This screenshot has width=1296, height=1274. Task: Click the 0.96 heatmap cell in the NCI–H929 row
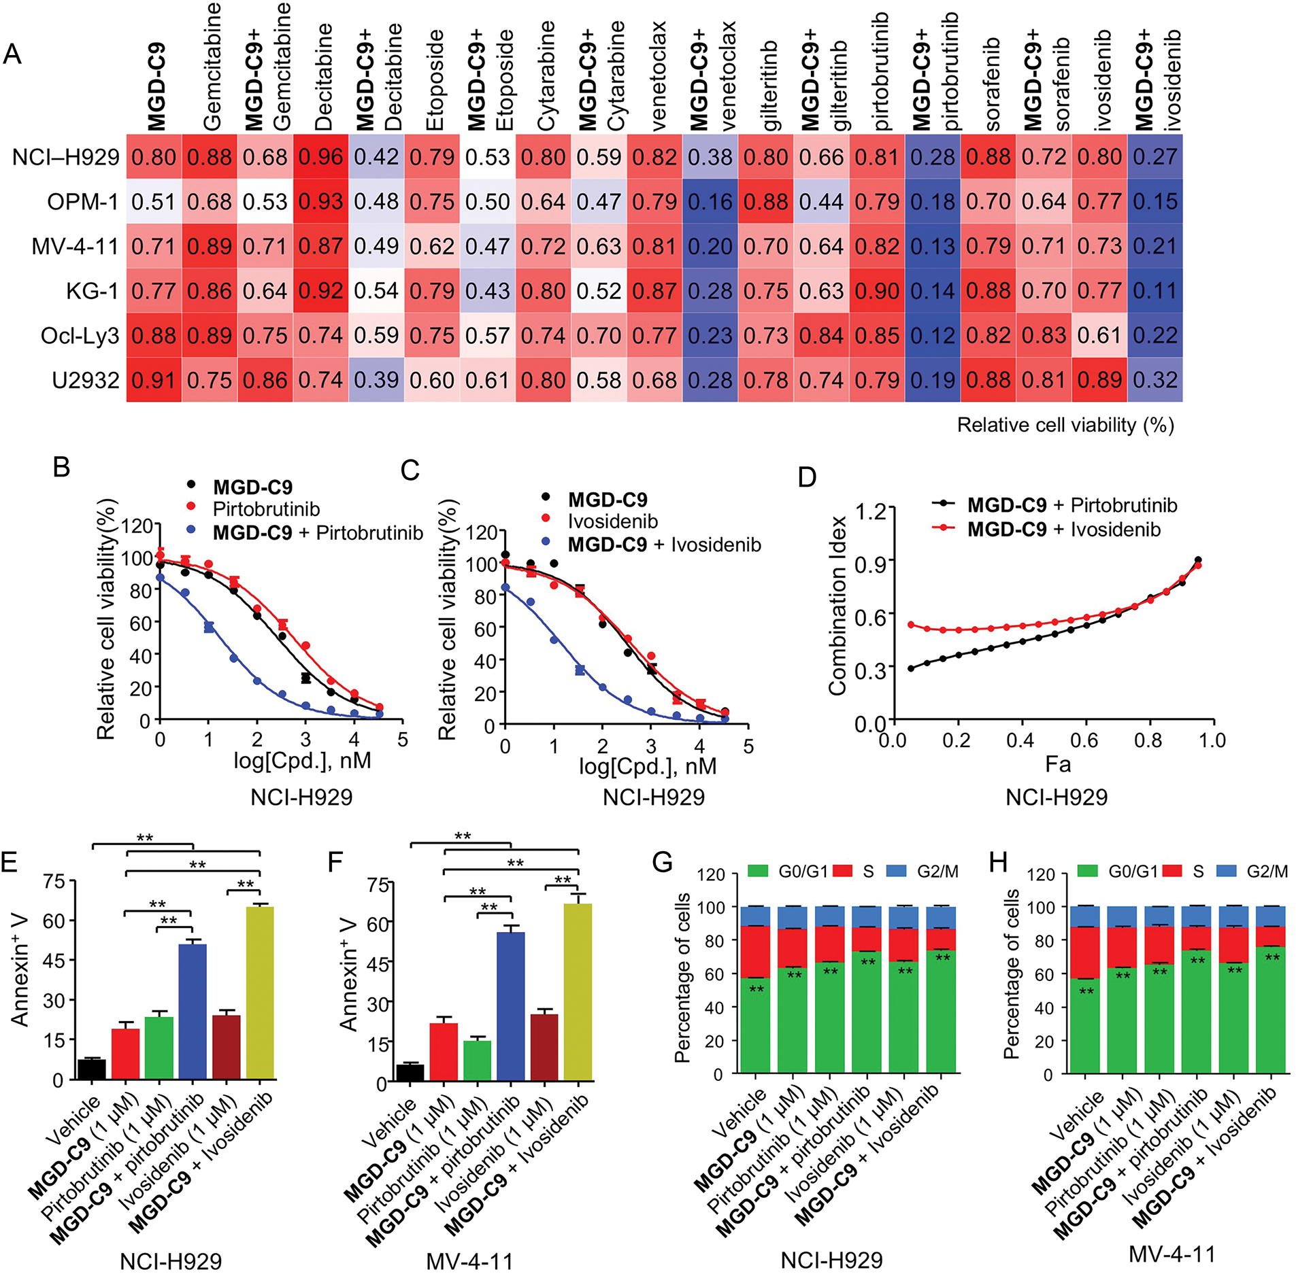(320, 157)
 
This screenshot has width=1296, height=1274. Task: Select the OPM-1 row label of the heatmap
(82, 202)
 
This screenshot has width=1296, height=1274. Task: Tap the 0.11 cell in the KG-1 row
(1154, 291)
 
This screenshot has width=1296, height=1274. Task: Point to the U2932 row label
(85, 380)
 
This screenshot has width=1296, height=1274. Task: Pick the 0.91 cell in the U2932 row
(154, 380)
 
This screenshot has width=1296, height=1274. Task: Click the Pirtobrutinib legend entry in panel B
(266, 509)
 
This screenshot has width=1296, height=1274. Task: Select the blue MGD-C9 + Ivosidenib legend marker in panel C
(546, 543)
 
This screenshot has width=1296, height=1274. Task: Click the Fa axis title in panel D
(1057, 764)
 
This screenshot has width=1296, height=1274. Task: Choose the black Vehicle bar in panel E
(92, 1069)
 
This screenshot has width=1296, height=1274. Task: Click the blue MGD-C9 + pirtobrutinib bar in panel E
(192, 1011)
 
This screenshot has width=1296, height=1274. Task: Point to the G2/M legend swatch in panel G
(897, 871)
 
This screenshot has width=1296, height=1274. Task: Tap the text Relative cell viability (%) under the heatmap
(1065, 425)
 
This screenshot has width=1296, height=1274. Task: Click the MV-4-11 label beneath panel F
(469, 1262)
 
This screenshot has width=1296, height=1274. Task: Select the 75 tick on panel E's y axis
(54, 882)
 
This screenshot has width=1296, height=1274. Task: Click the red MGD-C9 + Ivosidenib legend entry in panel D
(1064, 529)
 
